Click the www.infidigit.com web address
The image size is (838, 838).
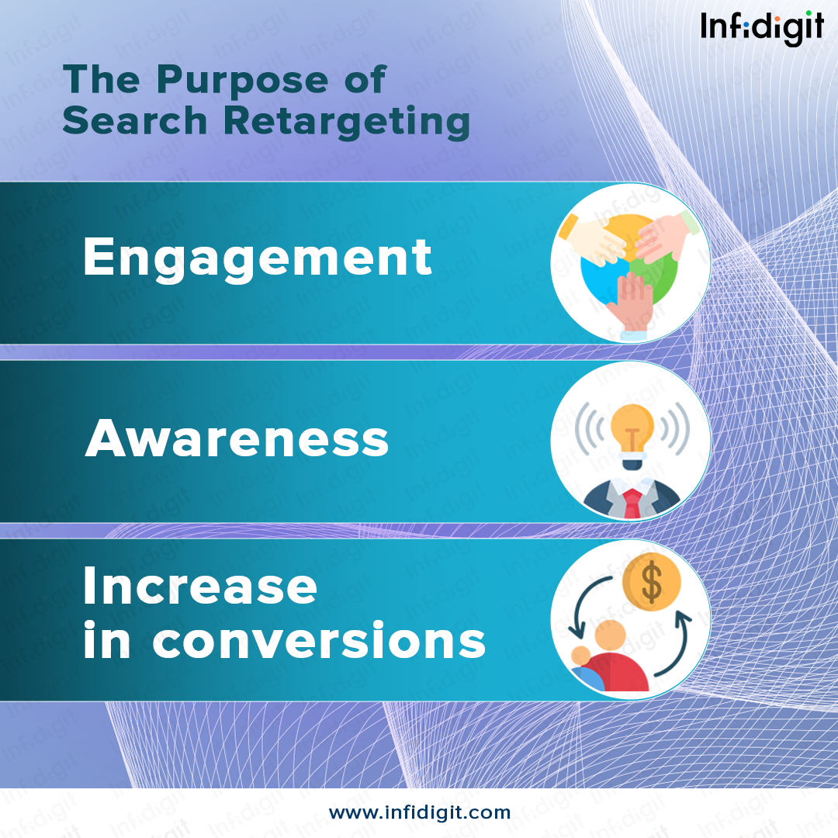tap(419, 812)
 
